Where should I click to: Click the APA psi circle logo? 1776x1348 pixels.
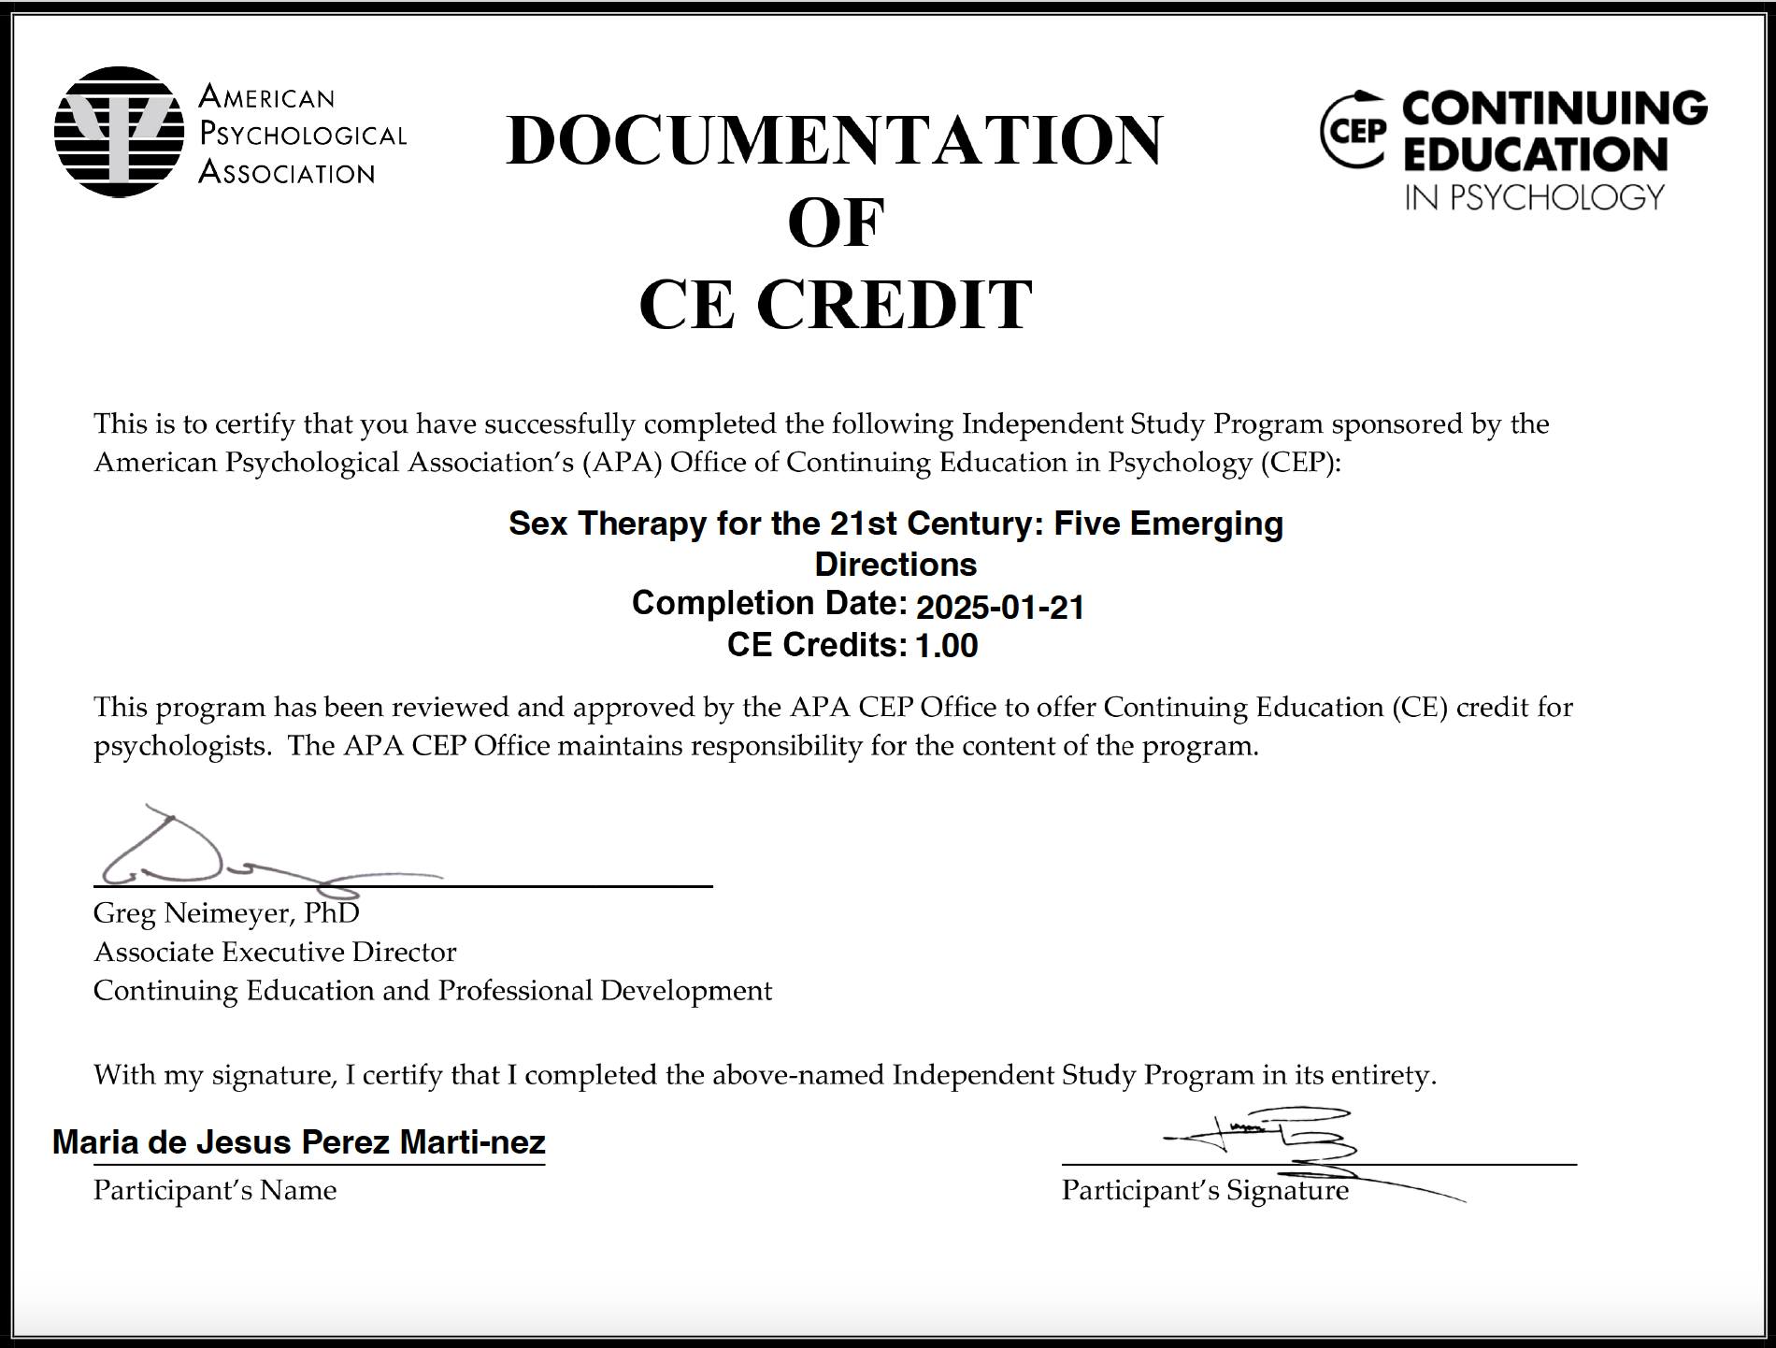[x=119, y=132]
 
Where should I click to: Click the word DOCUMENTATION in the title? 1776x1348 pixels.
[x=834, y=140]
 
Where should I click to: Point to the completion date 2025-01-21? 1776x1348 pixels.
[x=999, y=608]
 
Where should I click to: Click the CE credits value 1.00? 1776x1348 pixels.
[x=946, y=646]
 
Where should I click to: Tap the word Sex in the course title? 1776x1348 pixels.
[x=537, y=523]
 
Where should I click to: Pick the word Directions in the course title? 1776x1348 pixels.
[x=895, y=565]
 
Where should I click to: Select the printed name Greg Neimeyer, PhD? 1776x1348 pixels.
[x=226, y=913]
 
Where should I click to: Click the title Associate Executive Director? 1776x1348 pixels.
[x=275, y=952]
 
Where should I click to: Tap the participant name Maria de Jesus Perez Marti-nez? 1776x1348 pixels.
[x=298, y=1142]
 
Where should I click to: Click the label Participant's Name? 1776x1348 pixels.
[x=214, y=1191]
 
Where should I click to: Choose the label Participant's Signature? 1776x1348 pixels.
[x=1204, y=1191]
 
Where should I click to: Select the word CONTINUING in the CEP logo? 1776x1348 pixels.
[x=1554, y=108]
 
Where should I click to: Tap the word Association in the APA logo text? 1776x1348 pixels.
[x=286, y=173]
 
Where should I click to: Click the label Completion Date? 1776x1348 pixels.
[x=768, y=604]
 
